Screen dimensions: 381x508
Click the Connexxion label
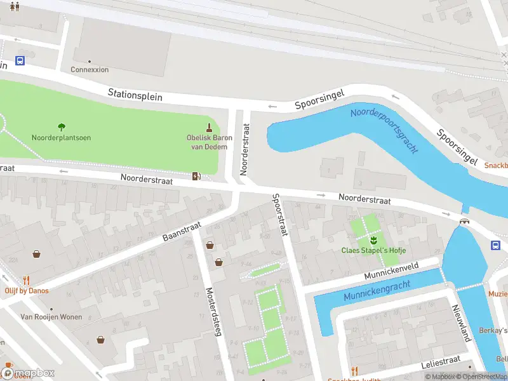tap(90, 70)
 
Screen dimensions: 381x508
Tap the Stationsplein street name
tap(135, 95)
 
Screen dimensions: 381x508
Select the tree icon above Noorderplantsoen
tap(62, 127)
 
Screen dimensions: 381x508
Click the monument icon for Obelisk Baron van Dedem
tap(210, 127)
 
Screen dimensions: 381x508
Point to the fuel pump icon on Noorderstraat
tap(197, 176)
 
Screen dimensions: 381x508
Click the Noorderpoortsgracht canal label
tap(385, 130)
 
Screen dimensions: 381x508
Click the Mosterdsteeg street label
tap(212, 312)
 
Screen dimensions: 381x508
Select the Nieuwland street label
tap(460, 322)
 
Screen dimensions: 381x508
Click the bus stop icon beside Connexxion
tap(20, 61)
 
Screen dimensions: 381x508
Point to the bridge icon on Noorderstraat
tap(465, 221)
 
